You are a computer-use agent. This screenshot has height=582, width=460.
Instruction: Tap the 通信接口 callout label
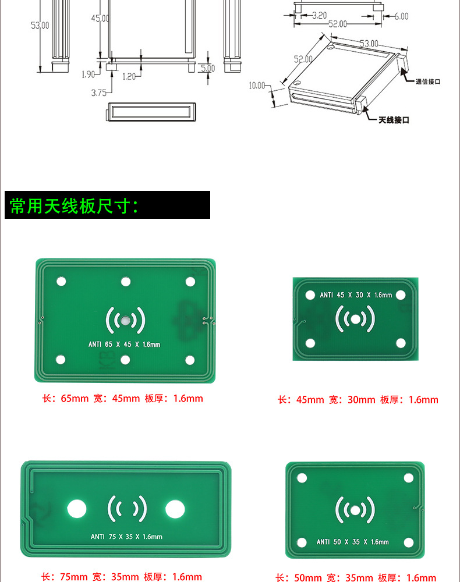click(x=427, y=81)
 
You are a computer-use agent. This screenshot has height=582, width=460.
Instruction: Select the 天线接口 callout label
click(x=394, y=120)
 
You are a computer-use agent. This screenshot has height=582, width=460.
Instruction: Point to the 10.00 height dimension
click(x=257, y=86)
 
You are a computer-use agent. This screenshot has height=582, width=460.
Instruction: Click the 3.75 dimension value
click(x=99, y=93)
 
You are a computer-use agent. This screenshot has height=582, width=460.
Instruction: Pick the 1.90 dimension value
click(x=88, y=74)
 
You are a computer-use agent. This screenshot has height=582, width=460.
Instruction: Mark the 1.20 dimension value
click(x=129, y=76)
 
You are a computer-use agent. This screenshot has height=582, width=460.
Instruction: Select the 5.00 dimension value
click(x=208, y=68)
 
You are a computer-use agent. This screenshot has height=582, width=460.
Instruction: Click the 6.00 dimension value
click(x=401, y=16)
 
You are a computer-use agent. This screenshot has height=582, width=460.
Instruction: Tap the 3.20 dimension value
click(x=319, y=16)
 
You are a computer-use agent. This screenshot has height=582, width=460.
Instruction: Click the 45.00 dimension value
click(x=100, y=19)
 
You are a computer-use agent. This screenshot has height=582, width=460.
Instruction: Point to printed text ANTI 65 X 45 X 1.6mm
click(x=124, y=345)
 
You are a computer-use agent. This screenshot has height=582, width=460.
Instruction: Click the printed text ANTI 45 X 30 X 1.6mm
click(x=356, y=295)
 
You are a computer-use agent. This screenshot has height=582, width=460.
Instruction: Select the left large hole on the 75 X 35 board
click(x=77, y=509)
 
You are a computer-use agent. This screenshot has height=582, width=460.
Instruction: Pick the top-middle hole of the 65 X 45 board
click(x=126, y=282)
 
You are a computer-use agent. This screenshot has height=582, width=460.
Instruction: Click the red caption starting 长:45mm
click(x=358, y=400)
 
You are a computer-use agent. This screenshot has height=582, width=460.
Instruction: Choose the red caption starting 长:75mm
click(x=122, y=577)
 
